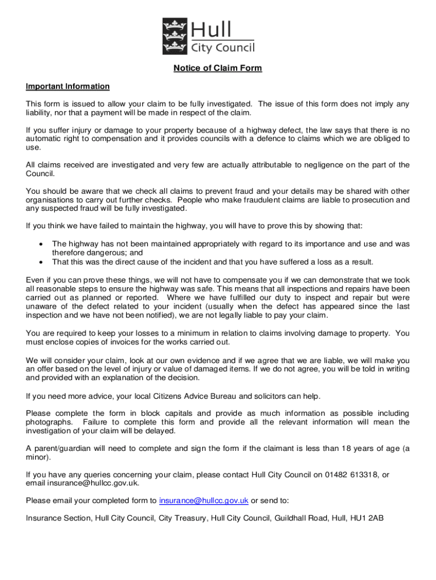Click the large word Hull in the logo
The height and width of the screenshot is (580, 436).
coord(215,28)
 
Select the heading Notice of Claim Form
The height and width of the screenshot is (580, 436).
coord(218,69)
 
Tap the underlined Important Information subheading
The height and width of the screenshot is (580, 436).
coord(67,87)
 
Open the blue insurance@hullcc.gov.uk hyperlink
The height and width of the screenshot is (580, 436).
coord(204,500)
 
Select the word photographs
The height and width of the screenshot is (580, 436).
coord(49,422)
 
